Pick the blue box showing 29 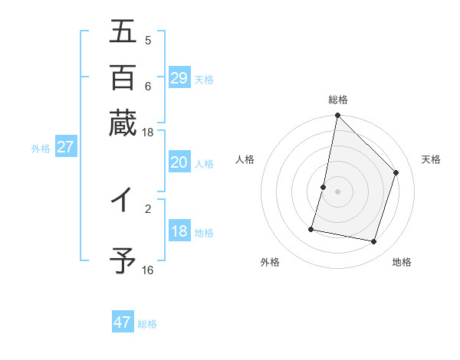point(179,78)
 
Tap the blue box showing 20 point(179,162)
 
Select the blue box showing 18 point(179,232)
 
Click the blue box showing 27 point(65,147)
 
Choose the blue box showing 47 point(123,322)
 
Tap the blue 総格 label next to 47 point(147,324)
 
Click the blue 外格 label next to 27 point(41,149)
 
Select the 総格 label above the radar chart point(337,100)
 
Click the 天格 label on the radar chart point(431,159)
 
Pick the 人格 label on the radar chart point(245,159)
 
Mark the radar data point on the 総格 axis point(337,116)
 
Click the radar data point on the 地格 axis point(373,242)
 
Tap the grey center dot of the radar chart point(337,191)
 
